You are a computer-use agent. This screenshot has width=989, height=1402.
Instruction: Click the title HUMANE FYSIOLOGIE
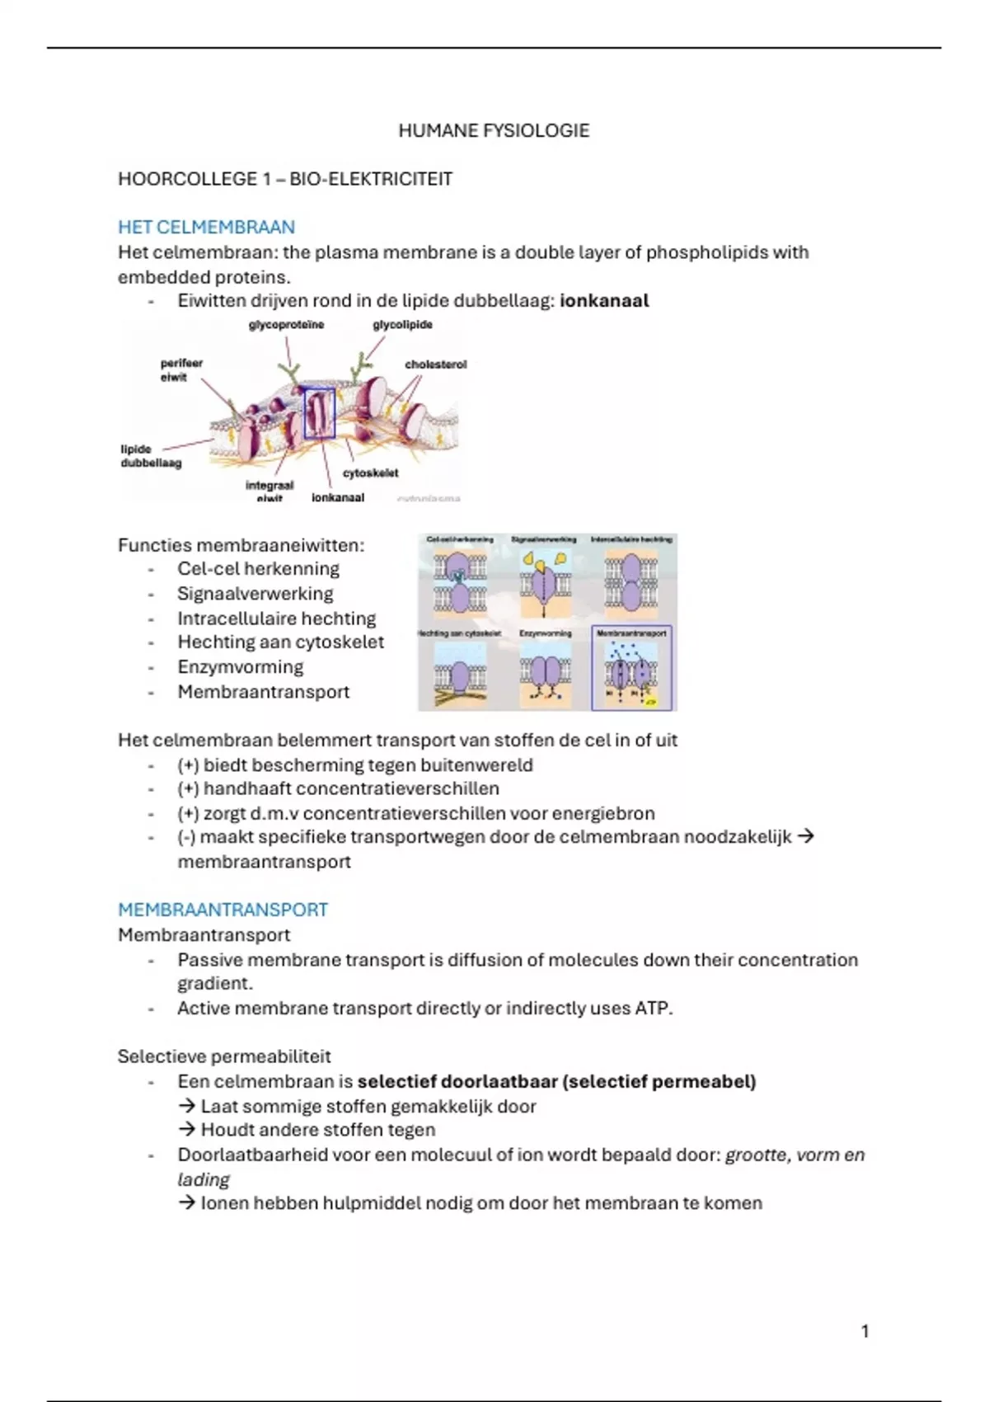pyautogui.click(x=494, y=130)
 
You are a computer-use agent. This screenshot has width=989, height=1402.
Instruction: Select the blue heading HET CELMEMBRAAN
pyautogui.click(x=206, y=227)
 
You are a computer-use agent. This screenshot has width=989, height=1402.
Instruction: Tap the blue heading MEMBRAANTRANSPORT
pyautogui.click(x=223, y=910)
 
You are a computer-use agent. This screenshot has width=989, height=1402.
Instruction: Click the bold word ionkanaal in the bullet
pyautogui.click(x=604, y=301)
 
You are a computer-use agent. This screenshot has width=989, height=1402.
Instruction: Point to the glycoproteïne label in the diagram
pyautogui.click(x=286, y=325)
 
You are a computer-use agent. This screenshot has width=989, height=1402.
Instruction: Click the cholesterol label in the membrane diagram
pyautogui.click(x=435, y=365)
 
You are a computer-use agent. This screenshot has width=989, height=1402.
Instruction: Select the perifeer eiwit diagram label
pyautogui.click(x=180, y=369)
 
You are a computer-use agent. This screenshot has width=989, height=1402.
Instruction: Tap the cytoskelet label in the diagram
pyautogui.click(x=370, y=473)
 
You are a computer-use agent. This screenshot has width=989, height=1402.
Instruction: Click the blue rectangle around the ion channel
pyautogui.click(x=319, y=413)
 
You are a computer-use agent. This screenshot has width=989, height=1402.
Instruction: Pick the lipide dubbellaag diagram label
pyautogui.click(x=150, y=456)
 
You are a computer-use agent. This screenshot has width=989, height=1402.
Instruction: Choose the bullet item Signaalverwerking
pyautogui.click(x=255, y=594)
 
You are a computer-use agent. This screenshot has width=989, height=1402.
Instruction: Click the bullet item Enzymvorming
pyautogui.click(x=240, y=667)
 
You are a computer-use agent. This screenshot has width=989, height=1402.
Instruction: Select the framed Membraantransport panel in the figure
pyautogui.click(x=632, y=668)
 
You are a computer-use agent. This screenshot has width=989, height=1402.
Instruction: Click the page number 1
pyautogui.click(x=865, y=1331)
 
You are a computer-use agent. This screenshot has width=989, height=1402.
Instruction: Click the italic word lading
pyautogui.click(x=203, y=1179)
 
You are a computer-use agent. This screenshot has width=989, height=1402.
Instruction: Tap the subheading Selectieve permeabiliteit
pyautogui.click(x=224, y=1056)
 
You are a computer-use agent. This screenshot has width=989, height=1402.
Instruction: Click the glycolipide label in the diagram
pyautogui.click(x=402, y=325)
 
